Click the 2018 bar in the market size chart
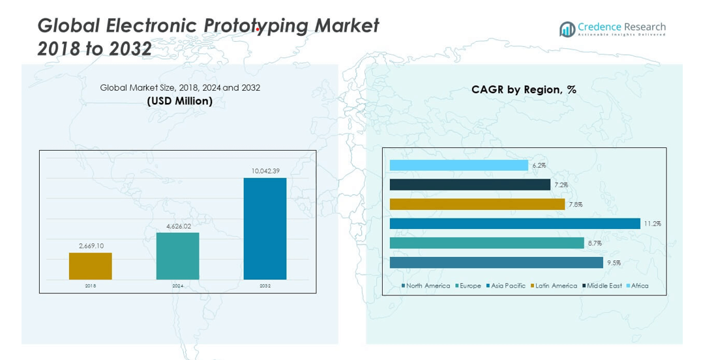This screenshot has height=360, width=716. pyautogui.click(x=91, y=266)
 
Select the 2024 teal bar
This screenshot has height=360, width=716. pyautogui.click(x=177, y=256)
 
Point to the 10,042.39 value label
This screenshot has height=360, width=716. pyautogui.click(x=265, y=171)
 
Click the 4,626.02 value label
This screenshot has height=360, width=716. pyautogui.click(x=177, y=226)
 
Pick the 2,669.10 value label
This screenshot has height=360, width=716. pyautogui.click(x=91, y=246)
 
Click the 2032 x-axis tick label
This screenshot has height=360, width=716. pyautogui.click(x=265, y=286)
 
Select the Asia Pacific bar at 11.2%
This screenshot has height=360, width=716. pyautogui.click(x=515, y=224)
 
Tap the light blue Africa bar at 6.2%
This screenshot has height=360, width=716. pyautogui.click(x=458, y=166)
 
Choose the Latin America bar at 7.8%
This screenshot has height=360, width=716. pyautogui.click(x=477, y=204)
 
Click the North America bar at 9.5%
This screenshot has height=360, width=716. pyautogui.click(x=496, y=262)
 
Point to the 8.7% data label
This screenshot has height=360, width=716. pyautogui.click(x=594, y=243)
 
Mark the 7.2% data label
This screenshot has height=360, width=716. pyautogui.click(x=561, y=185)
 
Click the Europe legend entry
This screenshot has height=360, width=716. pyautogui.click(x=470, y=286)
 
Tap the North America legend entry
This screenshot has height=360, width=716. pyautogui.click(x=427, y=286)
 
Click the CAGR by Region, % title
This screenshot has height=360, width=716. pyautogui.click(x=524, y=89)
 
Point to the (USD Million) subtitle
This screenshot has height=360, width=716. pyautogui.click(x=180, y=100)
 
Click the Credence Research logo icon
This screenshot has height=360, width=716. pyautogui.click(x=567, y=29)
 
